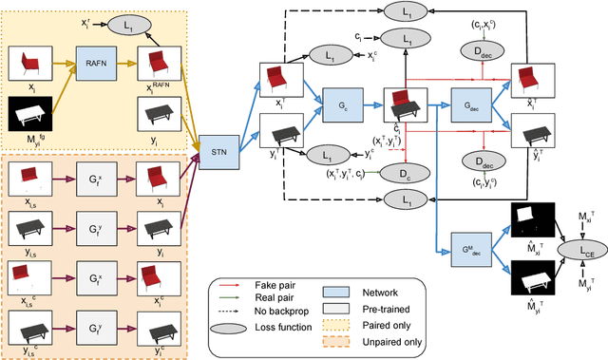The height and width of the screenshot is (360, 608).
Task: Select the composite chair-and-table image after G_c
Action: pos(403,104)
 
